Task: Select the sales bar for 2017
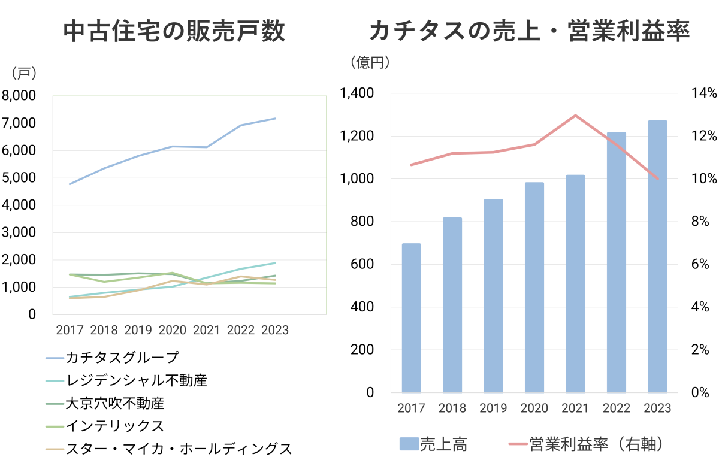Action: (x=411, y=317)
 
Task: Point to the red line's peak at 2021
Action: (x=575, y=115)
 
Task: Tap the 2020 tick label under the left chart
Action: (x=173, y=330)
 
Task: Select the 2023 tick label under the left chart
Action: (x=275, y=330)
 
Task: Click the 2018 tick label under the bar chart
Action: (x=452, y=408)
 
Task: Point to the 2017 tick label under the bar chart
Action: (x=411, y=408)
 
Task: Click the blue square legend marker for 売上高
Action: (x=409, y=444)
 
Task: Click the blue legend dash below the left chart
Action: (x=55, y=358)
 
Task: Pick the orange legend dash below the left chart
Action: (x=55, y=449)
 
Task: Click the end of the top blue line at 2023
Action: (x=275, y=119)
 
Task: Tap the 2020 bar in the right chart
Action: (x=534, y=288)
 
